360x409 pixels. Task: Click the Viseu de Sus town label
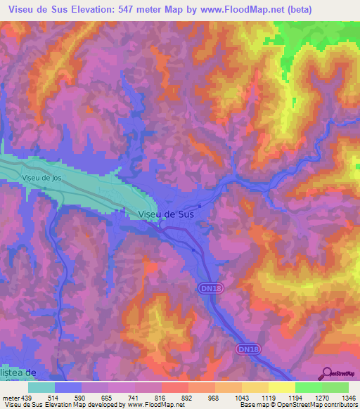coord(166,214)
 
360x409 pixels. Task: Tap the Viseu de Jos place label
coord(41,178)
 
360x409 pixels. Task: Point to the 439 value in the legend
coord(22,397)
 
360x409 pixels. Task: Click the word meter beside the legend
coord(8,397)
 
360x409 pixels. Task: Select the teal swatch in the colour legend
coord(42,387)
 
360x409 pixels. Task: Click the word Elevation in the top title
coord(91,8)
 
